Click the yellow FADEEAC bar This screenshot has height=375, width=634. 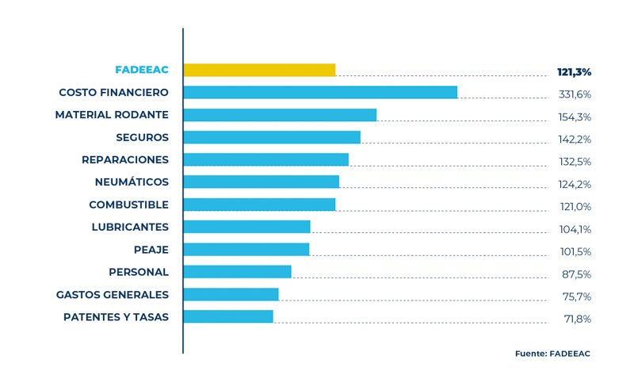point(259,70)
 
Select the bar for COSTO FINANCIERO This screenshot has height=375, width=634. point(320,92)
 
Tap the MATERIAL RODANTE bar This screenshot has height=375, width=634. point(280,115)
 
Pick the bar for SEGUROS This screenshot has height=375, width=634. point(272,137)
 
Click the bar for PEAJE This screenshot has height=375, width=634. point(246,250)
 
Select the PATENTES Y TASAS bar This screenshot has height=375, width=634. point(228,317)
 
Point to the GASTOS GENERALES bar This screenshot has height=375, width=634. point(231,295)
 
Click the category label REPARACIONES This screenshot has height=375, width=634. point(125,159)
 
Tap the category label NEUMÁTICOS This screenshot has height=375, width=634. point(132,182)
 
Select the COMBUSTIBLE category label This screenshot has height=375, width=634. point(128,205)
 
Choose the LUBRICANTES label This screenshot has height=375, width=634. point(130,227)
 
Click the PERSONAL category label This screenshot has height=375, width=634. point(139,272)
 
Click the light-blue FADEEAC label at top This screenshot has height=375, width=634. point(142,70)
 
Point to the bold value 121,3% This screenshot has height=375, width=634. point(575,72)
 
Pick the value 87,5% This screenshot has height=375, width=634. point(576,274)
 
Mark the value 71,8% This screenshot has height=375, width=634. point(576,320)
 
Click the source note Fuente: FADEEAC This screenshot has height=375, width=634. point(552,354)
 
